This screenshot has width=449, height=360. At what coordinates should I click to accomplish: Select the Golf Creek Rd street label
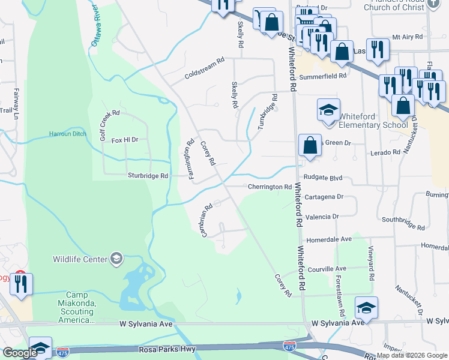tap(111, 125)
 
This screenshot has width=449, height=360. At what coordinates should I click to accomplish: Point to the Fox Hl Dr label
tap(125, 140)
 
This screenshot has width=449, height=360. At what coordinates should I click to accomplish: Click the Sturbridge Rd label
tap(148, 176)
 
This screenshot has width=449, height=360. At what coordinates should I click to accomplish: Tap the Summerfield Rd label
tap(327, 76)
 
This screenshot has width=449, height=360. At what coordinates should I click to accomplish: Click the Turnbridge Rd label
tap(268, 112)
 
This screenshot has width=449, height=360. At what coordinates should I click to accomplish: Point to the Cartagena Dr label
tap(323, 196)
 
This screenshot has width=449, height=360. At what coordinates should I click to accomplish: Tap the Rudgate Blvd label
tap(322, 178)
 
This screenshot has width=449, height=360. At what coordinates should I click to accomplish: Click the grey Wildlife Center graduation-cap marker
tap(116, 259)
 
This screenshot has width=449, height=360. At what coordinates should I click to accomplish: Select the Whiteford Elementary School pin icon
tap(328, 110)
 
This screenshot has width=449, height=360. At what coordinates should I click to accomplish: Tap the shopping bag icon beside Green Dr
tap(309, 146)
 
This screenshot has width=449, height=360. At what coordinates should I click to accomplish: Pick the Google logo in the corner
tap(20, 353)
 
